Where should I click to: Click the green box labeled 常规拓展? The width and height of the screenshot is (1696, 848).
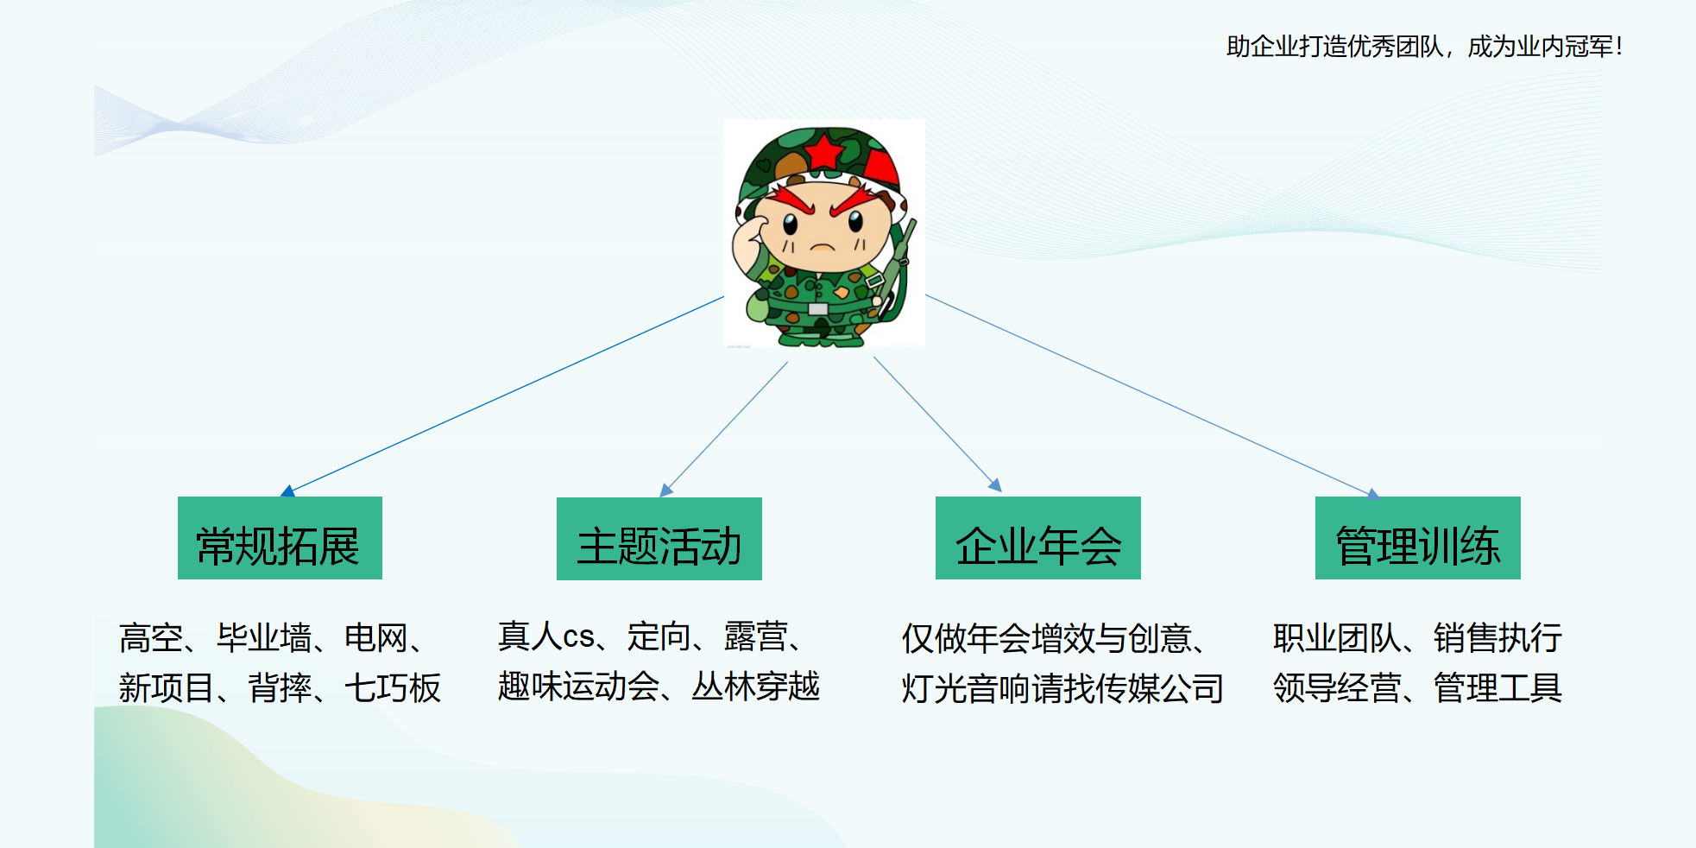click(x=280, y=538)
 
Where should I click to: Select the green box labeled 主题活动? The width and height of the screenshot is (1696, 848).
click(x=659, y=539)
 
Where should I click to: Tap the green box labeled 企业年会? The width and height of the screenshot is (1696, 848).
click(x=1038, y=538)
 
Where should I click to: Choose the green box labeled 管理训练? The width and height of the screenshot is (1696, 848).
click(x=1418, y=538)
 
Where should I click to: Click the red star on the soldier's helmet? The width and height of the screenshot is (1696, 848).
click(x=825, y=150)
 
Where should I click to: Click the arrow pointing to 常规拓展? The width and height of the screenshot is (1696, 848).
click(x=502, y=396)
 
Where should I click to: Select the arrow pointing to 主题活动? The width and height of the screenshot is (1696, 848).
click(x=724, y=429)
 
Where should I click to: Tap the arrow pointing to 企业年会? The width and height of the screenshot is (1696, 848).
click(x=937, y=424)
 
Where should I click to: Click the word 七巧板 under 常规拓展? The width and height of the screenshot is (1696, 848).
click(x=393, y=688)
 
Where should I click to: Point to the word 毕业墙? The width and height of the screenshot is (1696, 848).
click(x=264, y=638)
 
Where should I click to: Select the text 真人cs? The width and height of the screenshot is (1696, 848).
click(x=546, y=636)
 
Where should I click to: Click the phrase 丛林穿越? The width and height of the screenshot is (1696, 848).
click(x=756, y=687)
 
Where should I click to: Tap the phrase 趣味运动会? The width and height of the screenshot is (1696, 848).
click(x=579, y=687)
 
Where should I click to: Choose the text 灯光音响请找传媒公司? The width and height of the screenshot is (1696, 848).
click(x=1062, y=688)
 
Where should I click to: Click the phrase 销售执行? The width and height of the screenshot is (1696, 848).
click(x=1498, y=638)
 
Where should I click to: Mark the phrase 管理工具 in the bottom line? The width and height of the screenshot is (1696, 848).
click(x=1498, y=688)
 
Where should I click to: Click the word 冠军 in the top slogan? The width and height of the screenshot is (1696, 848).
click(x=1590, y=46)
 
